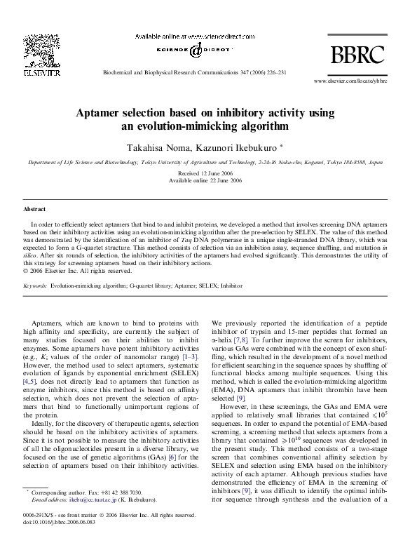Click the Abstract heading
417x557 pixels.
35,209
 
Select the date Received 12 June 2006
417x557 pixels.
208,173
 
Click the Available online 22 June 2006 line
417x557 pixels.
208,180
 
